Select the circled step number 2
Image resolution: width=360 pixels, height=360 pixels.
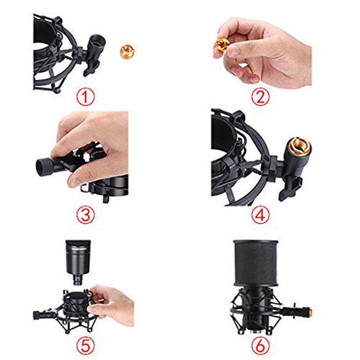261,98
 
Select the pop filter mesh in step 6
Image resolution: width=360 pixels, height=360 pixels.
261,262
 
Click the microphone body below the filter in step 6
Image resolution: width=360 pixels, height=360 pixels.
261,314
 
